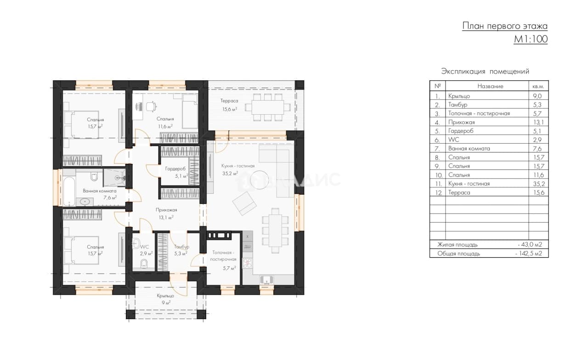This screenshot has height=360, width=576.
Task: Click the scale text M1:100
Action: pyautogui.click(x=531, y=39)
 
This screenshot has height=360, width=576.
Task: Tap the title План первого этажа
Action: pyautogui.click(x=505, y=26)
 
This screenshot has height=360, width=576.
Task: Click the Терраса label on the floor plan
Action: pyautogui.click(x=229, y=101)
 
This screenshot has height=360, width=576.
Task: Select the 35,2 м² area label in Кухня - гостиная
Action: pyautogui.click(x=230, y=174)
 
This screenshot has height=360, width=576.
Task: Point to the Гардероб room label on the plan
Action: pyautogui.click(x=175, y=169)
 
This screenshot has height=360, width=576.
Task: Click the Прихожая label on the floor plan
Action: pyautogui.click(x=166, y=210)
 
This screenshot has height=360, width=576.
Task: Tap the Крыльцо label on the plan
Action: pyautogui.click(x=165, y=296)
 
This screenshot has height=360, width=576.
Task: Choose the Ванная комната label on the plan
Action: pyautogui.click(x=100, y=191)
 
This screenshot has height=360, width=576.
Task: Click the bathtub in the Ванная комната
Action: pyautogui.click(x=69, y=191)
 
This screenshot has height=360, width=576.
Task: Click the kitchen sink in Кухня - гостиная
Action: pyautogui.click(x=267, y=280)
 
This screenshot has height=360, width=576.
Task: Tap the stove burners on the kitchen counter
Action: pyautogui.click(x=248, y=263)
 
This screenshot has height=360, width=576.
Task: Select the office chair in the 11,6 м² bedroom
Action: pyautogui.click(x=151, y=106)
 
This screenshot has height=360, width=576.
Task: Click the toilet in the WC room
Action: pyautogui.click(x=144, y=264)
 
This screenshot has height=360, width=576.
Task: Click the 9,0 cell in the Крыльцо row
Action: pyautogui.click(x=537, y=96)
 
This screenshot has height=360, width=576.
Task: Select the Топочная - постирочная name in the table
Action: pyautogui.click(x=479, y=113)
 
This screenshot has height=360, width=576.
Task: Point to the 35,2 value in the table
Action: pyautogui.click(x=539, y=184)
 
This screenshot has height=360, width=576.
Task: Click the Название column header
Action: pyautogui.click(x=490, y=86)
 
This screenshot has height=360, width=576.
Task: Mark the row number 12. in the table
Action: pyautogui.click(x=438, y=192)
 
